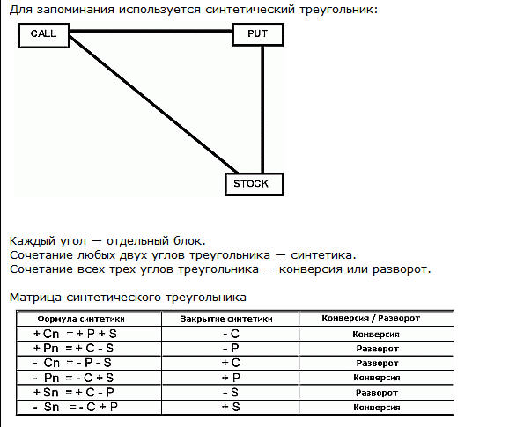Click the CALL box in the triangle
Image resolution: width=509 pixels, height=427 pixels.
pyautogui.click(x=44, y=35)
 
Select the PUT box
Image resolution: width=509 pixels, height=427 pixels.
pyautogui.click(x=258, y=34)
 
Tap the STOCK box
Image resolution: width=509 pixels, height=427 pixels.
pyautogui.click(x=254, y=184)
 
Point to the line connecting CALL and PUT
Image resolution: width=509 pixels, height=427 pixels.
pyautogui.click(x=151, y=31)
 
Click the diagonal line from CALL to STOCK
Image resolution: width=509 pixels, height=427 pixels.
pyautogui.click(x=153, y=105)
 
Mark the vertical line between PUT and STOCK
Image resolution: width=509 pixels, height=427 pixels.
pyautogui.click(x=262, y=109)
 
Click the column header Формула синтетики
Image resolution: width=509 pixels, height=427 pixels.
pyautogui.click(x=81, y=319)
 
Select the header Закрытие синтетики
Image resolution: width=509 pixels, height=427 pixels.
pyautogui.click(x=226, y=319)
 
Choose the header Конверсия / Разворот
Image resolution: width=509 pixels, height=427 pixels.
pyautogui.click(x=371, y=319)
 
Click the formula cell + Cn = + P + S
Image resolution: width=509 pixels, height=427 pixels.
pyautogui.click(x=75, y=334)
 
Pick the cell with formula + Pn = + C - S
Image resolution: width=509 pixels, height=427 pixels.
pyautogui.click(x=74, y=348)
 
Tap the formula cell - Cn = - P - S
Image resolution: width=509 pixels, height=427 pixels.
pyautogui.click(x=72, y=363)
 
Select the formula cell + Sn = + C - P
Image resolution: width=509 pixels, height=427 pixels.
pyautogui.click(x=74, y=393)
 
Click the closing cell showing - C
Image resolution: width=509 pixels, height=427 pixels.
pyautogui.click(x=231, y=334)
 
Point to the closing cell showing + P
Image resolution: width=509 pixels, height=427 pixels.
pyautogui.click(x=231, y=378)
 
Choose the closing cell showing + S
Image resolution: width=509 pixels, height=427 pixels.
pyautogui.click(x=231, y=407)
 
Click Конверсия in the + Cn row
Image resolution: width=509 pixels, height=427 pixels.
pyautogui.click(x=376, y=335)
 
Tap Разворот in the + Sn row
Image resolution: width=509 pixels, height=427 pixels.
pyautogui.click(x=377, y=393)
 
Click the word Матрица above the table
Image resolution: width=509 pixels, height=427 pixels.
pyautogui.click(x=35, y=298)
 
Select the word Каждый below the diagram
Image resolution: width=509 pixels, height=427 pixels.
pyautogui.click(x=32, y=241)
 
